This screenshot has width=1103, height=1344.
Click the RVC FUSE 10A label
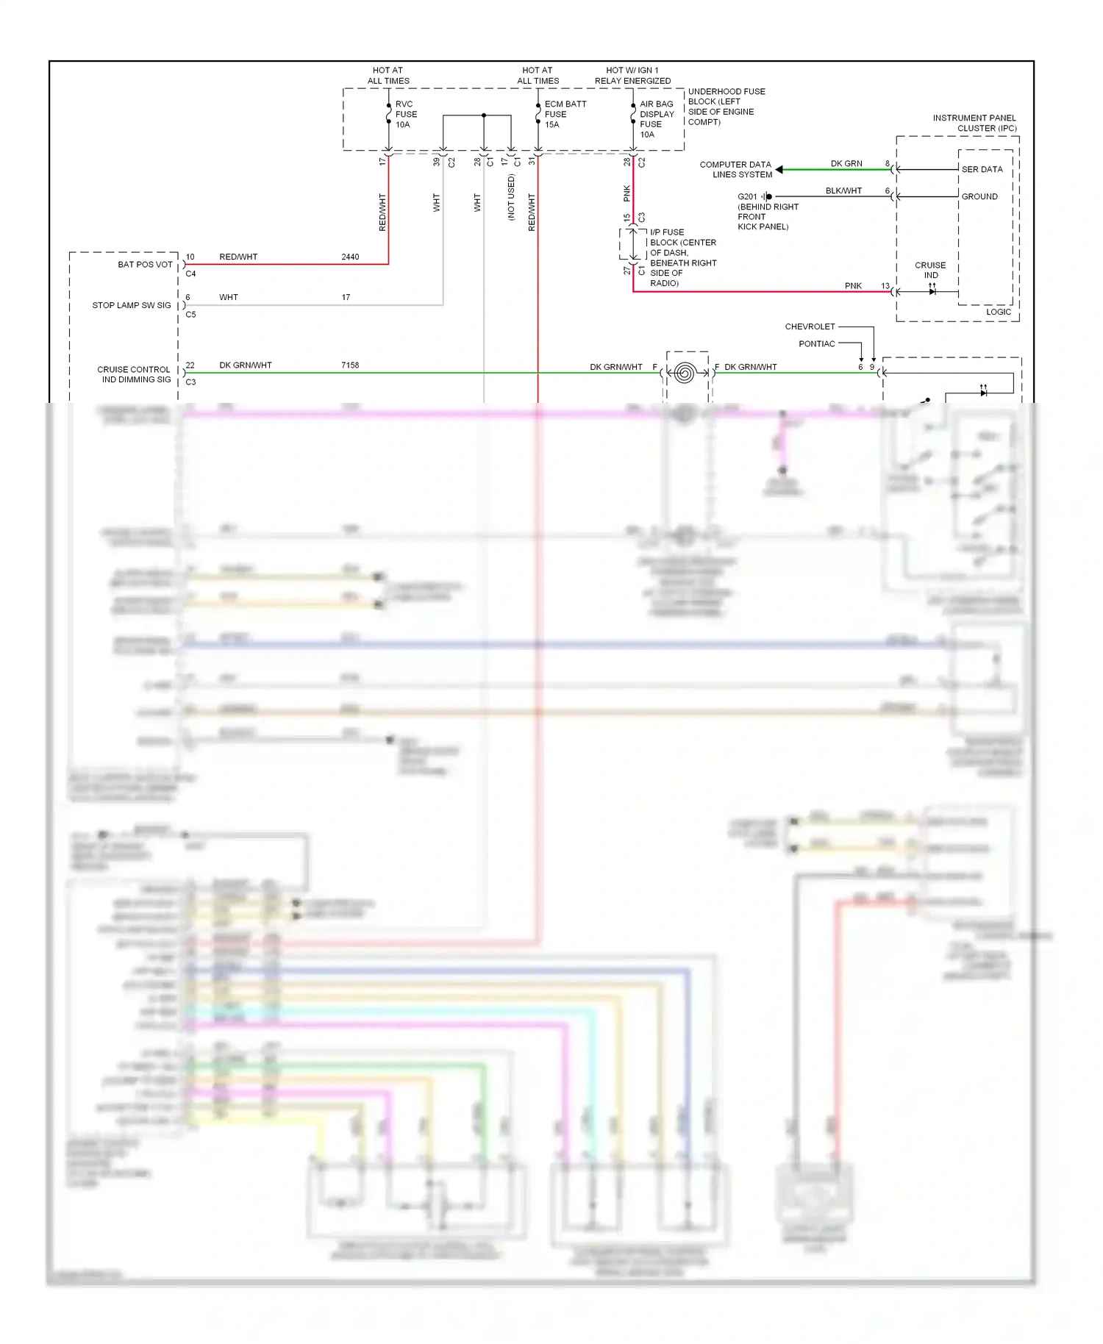click(x=405, y=115)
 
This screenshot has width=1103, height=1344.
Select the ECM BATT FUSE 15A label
click(x=564, y=114)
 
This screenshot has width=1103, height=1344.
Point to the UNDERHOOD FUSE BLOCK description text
click(x=725, y=107)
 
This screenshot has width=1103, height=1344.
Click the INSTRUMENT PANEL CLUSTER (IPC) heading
click(x=974, y=123)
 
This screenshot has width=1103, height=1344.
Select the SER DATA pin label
click(x=982, y=169)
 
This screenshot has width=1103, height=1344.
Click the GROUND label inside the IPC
click(x=979, y=196)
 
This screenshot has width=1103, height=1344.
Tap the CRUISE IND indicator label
click(x=930, y=270)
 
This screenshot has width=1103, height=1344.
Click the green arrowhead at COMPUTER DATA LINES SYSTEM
click(x=779, y=170)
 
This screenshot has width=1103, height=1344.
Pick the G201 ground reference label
click(x=747, y=196)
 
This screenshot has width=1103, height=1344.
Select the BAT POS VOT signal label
click(x=145, y=265)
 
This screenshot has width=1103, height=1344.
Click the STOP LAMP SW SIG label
click(x=131, y=305)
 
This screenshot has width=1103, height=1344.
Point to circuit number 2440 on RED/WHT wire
click(x=350, y=257)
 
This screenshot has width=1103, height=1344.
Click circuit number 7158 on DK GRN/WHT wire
click(x=350, y=365)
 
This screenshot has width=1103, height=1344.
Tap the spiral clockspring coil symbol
click(x=684, y=373)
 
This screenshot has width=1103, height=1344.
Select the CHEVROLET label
click(x=810, y=326)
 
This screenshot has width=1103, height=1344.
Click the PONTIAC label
click(x=816, y=344)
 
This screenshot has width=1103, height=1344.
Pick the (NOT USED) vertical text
click(x=511, y=197)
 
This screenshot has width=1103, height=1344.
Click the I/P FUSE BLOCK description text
click(x=682, y=257)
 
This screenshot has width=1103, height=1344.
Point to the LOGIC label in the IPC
click(x=998, y=312)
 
